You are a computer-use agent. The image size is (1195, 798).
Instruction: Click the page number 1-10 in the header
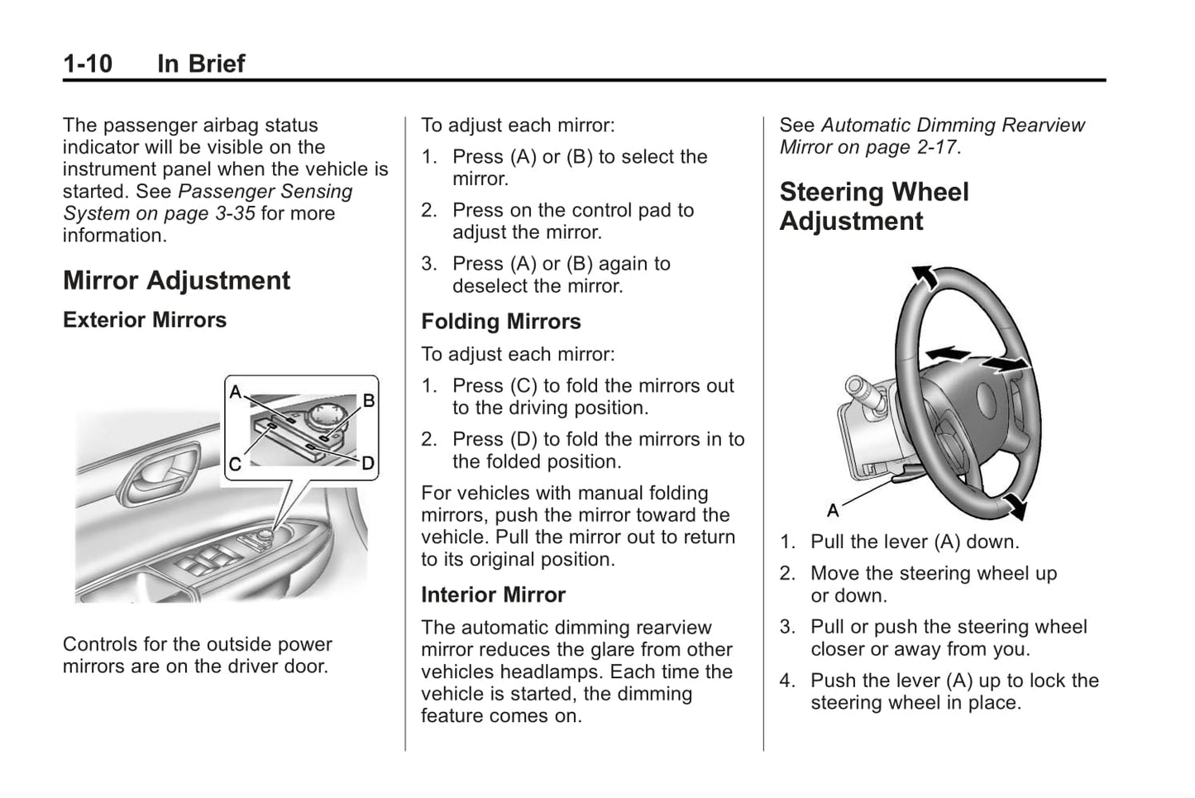pos(88,64)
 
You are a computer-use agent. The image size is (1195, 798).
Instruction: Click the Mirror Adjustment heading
pos(176,281)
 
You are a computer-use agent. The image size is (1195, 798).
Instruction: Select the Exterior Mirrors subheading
pos(145,320)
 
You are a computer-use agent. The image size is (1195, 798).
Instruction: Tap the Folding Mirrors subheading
pos(500,322)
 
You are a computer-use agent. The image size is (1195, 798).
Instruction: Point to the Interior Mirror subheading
pos(493,595)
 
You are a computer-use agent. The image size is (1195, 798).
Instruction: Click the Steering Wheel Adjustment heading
pos(873,207)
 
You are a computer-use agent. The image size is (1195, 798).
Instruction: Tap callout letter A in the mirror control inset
pos(236,392)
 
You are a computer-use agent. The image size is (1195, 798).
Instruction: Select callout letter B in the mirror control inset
pos(369,401)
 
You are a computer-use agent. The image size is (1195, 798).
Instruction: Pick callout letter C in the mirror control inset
pos(235,465)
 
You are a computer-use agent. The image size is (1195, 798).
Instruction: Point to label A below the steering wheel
pos(833,510)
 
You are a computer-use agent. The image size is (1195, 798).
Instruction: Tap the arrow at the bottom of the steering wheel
pos(1013,506)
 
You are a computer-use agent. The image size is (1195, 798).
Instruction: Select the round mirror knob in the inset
pos(318,412)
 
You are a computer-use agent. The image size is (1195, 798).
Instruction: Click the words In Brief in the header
pos(201,64)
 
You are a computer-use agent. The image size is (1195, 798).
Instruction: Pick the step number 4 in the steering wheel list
pos(786,681)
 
